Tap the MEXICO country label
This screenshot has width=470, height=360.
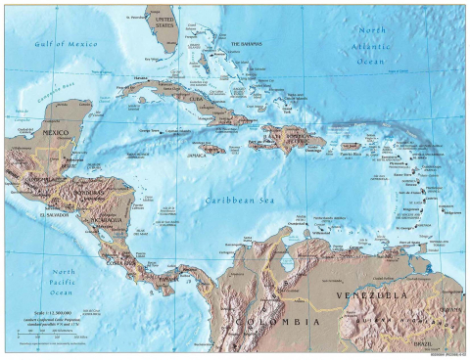coord(53,133)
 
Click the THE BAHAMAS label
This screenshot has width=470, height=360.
coord(247,45)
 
